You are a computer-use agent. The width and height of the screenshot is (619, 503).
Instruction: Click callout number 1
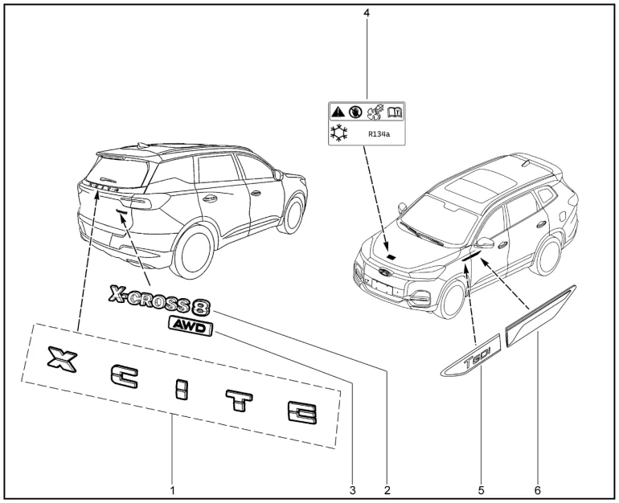pos(172,488)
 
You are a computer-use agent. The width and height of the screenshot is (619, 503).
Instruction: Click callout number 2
pos(387,488)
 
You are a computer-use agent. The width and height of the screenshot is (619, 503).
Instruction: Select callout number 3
pos(351,488)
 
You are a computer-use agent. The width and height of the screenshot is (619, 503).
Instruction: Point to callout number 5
pos(482,488)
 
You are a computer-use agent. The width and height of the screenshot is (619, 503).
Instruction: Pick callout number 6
pos(537,488)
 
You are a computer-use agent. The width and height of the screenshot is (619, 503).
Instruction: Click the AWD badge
pos(189,325)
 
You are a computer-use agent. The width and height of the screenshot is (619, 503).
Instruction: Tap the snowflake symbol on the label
pos(339,133)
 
